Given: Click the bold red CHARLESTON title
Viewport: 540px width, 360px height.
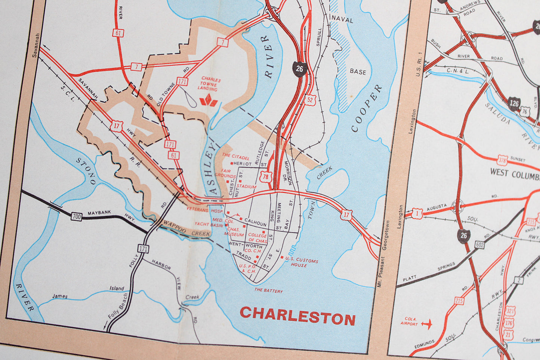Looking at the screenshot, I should point(297,316).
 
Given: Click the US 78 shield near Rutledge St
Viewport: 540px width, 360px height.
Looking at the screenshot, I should point(266,177).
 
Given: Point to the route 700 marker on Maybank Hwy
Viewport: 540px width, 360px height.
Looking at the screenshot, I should point(77,216).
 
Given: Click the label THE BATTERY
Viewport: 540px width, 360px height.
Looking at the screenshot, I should point(268,290).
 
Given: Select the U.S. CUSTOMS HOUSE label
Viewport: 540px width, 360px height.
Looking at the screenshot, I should point(301,262).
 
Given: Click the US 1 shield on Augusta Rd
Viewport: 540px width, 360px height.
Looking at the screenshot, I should point(417,213).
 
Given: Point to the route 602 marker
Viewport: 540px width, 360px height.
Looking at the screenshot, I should point(481,244).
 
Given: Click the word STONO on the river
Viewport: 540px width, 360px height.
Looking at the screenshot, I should point(86,171).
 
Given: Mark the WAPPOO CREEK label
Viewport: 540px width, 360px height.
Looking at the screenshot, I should point(186,228).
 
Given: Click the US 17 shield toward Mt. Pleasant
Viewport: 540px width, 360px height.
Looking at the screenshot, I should point(346,215).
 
